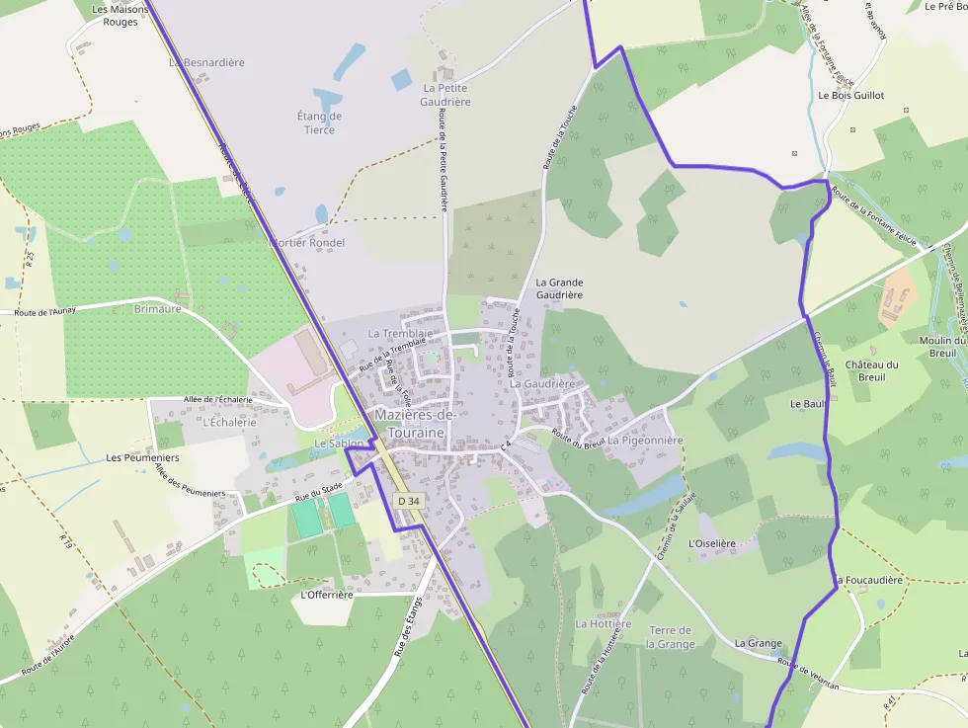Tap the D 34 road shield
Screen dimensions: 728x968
pyautogui.click(x=409, y=502)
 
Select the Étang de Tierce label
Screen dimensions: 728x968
pyautogui.click(x=319, y=122)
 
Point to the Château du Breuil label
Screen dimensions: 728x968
pyautogui.click(x=871, y=370)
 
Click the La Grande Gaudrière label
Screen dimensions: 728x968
pyautogui.click(x=559, y=288)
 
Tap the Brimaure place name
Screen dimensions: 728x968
pyautogui.click(x=157, y=309)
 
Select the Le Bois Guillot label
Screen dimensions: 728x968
pyautogui.click(x=850, y=96)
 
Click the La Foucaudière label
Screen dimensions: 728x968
pyautogui.click(x=869, y=580)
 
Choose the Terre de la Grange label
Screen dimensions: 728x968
pyautogui.click(x=671, y=637)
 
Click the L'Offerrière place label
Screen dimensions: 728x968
pyautogui.click(x=326, y=595)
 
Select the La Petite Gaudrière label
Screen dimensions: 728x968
pyautogui.click(x=444, y=95)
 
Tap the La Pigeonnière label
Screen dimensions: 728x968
pyautogui.click(x=645, y=441)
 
